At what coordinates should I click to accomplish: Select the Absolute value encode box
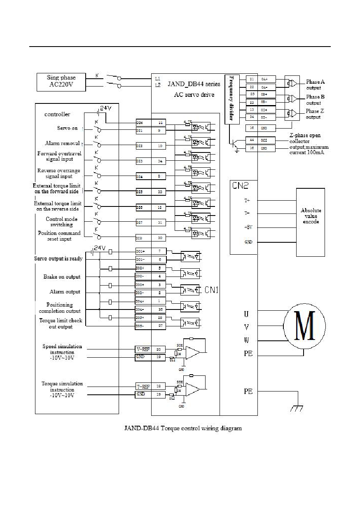click(311, 216)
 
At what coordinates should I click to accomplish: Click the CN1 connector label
click(211, 290)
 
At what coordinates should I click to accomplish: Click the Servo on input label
click(68, 128)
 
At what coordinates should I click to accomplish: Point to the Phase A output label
click(315, 84)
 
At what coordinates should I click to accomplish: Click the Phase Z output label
click(315, 114)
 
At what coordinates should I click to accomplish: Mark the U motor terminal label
click(247, 314)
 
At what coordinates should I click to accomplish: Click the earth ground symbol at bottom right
click(297, 408)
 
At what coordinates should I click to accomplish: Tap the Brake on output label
click(62, 277)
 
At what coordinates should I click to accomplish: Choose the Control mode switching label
click(62, 222)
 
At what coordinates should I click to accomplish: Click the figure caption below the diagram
click(183, 428)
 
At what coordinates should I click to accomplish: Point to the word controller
click(57, 114)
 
